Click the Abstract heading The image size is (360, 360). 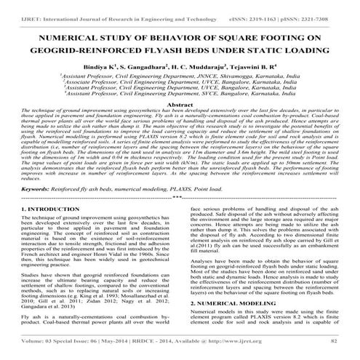click(x=180, y=105)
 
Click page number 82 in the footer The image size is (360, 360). click(x=335, y=340)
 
